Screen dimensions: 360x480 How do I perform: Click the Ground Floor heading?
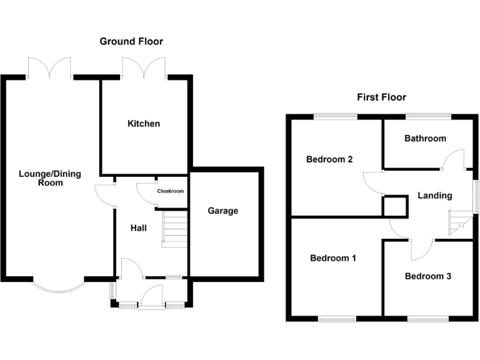(131, 41)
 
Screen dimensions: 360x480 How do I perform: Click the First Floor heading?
(381, 97)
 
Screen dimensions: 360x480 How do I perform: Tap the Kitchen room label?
(144, 124)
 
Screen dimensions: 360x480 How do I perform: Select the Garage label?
(223, 211)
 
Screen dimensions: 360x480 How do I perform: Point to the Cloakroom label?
(170, 191)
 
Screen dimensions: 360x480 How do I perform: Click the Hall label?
(138, 228)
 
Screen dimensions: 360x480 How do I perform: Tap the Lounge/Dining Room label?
(50, 178)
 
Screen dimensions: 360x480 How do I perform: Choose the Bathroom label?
(425, 138)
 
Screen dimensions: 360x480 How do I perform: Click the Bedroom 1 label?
(333, 257)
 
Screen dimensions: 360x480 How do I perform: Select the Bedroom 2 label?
(329, 159)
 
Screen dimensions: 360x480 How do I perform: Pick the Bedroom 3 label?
(427, 276)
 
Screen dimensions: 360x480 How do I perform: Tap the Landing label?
(434, 196)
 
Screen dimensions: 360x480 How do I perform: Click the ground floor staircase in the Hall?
(174, 229)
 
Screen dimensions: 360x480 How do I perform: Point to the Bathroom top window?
(428, 116)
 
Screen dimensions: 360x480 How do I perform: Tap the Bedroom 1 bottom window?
(337, 319)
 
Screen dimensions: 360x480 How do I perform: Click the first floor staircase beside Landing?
(459, 222)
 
